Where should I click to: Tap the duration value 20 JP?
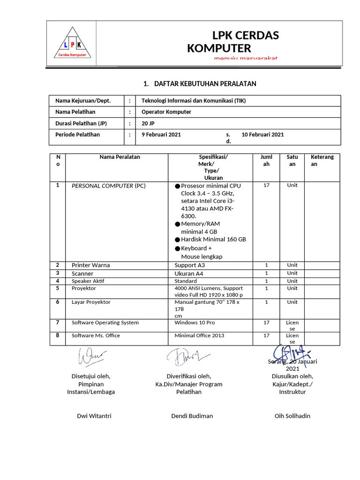coord(148,123)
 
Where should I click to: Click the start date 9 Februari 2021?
coord(161,135)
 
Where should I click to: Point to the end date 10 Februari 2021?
coord(262,135)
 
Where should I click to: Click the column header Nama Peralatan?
coord(120,157)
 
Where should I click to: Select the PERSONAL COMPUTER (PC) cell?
coord(109,186)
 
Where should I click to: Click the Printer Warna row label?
coord(90,265)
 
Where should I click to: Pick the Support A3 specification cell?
coord(190,265)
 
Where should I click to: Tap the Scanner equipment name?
coord(82,273)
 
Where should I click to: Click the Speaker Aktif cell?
coord(88,281)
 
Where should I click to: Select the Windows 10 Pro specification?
coord(195,322)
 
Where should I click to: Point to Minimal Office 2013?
coord(199,336)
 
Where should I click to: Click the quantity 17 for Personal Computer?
coord(266,185)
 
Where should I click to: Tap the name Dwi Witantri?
coord(94,416)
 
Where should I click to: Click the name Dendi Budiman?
coord(192,416)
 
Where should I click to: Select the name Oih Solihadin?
coord(292,416)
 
